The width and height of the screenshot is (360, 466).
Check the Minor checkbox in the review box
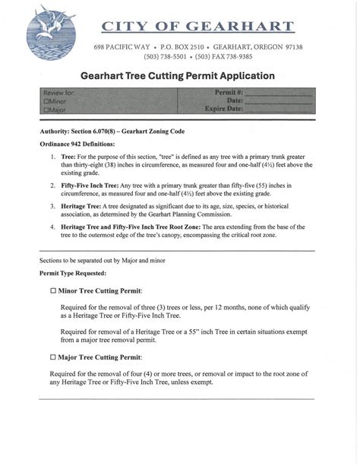click(x=47, y=101)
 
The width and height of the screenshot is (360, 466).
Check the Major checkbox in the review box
click(x=47, y=109)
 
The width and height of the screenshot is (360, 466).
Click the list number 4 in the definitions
click(x=53, y=227)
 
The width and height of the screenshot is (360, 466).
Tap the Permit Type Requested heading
click(x=73, y=273)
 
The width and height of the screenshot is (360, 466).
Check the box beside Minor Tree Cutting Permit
click(x=53, y=290)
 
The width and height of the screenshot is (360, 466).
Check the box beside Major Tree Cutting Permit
click(x=53, y=357)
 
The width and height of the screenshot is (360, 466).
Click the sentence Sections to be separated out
click(x=102, y=260)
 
